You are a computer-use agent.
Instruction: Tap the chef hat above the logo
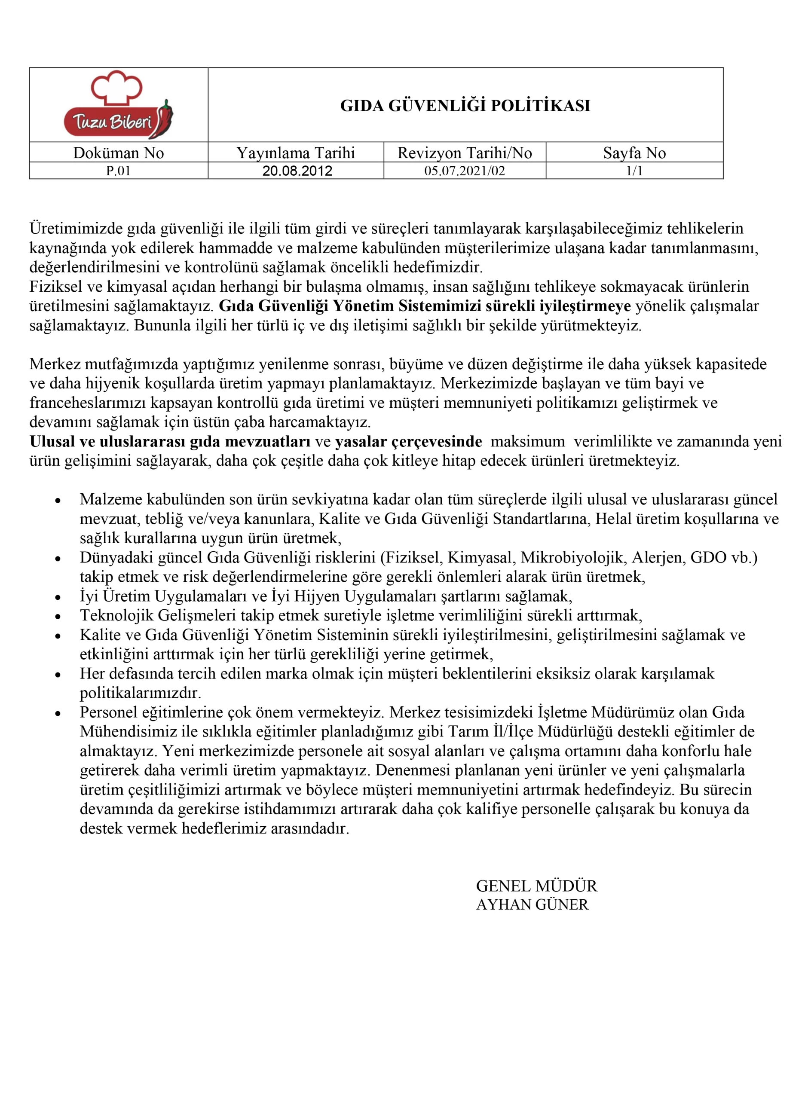[x=117, y=87]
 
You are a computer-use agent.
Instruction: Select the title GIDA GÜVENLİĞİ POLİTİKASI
[x=465, y=106]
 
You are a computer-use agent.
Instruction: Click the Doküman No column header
[x=118, y=153]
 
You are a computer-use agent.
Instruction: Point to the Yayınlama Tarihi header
[x=296, y=153]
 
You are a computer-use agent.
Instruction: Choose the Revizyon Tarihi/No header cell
[x=465, y=153]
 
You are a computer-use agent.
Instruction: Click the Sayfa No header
[x=634, y=153]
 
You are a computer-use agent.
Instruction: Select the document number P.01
[x=118, y=171]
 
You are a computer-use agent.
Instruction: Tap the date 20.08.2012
[x=297, y=171]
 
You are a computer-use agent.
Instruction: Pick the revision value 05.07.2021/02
[x=465, y=171]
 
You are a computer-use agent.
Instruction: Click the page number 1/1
[x=634, y=171]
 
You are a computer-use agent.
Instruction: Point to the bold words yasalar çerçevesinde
[x=408, y=441]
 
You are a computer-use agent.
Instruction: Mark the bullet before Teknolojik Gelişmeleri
[x=58, y=617]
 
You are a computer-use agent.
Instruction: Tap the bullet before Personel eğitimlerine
[x=58, y=713]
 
